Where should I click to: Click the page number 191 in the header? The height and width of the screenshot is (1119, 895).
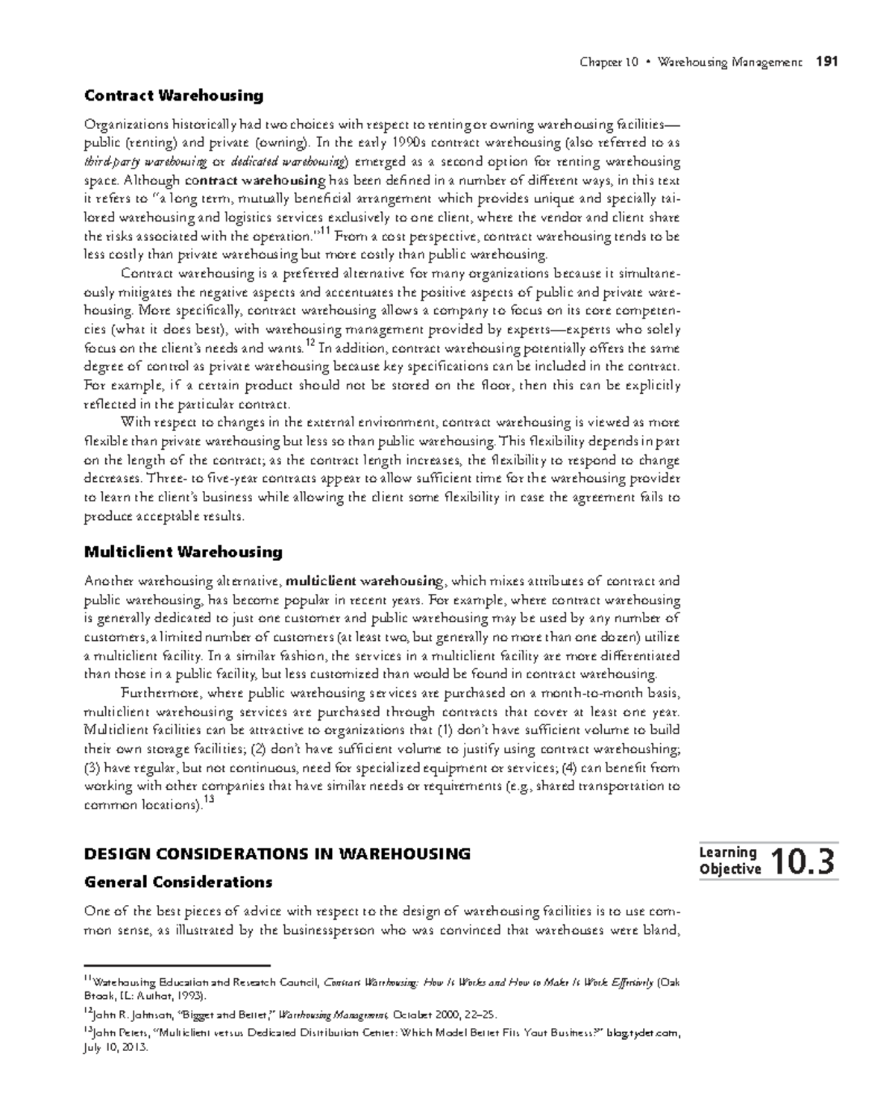pos(827,62)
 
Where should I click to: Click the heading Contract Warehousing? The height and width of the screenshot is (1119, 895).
pos(174,95)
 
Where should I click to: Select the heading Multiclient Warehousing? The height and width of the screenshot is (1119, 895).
pos(183,552)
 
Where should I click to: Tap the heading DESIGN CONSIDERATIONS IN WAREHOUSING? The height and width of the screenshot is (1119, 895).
pos(277,854)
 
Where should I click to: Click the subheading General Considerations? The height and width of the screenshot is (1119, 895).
pos(178,882)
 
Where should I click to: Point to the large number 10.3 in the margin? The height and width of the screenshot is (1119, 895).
pos(803,862)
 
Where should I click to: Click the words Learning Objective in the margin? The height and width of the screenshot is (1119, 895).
pos(729,861)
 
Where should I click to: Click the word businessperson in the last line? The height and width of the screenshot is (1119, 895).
pos(318,930)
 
